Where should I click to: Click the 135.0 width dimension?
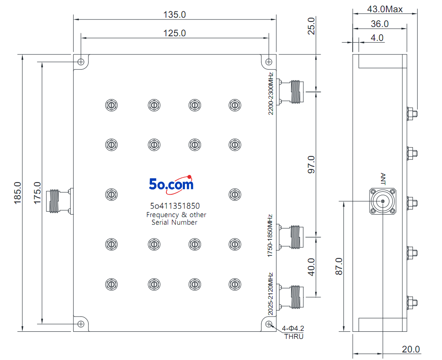[174, 15]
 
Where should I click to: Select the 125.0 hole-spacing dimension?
[174, 33]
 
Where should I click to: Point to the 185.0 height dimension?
[17, 193]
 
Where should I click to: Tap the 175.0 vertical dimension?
[37, 193]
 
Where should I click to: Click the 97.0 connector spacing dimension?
[311, 164]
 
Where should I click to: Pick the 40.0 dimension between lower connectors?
[311, 267]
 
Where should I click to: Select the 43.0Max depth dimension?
[385, 9]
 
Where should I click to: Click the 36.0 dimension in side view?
[380, 24]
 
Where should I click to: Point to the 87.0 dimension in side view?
[339, 266]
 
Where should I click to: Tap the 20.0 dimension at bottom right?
[411, 349]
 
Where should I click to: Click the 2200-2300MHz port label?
[271, 94]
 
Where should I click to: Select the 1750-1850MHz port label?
[270, 236]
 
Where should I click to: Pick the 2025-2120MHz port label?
[271, 294]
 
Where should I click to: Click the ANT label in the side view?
[383, 179]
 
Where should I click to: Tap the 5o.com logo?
[171, 185]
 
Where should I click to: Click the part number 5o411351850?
[175, 206]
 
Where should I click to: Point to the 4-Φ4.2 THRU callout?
[293, 332]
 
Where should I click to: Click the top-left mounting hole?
[81, 62]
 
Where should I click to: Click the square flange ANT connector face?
[383, 201]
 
